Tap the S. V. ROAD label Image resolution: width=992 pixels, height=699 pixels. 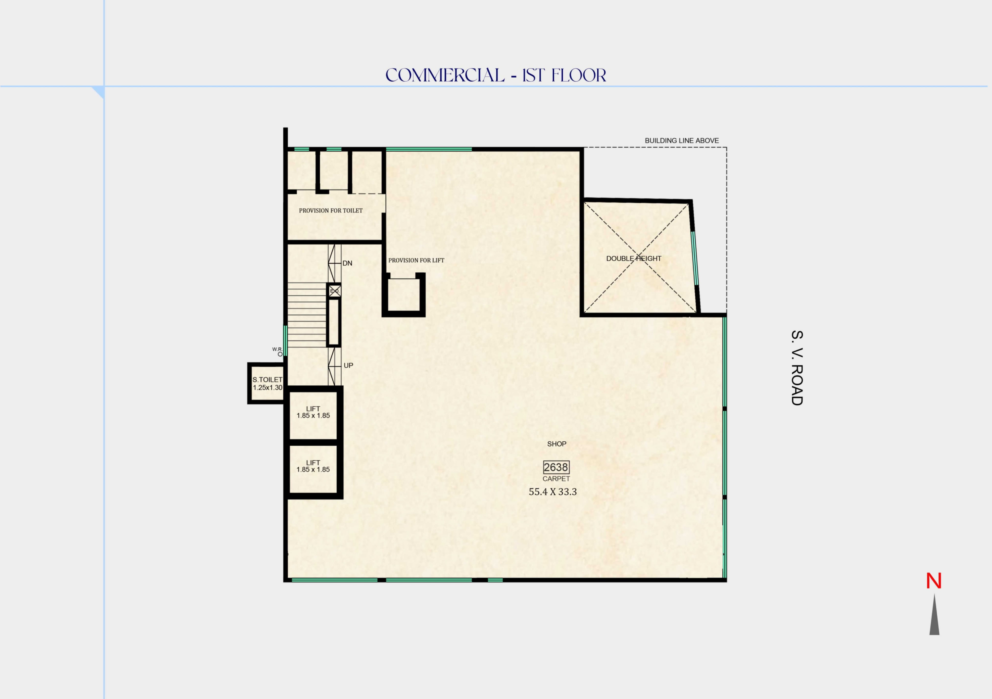click(797, 367)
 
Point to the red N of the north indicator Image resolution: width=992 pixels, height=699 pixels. click(934, 581)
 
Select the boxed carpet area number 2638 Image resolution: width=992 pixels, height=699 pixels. click(556, 467)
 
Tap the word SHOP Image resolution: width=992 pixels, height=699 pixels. click(556, 444)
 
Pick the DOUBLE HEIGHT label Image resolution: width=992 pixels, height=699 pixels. click(633, 259)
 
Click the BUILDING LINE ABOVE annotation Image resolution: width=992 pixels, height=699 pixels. click(681, 141)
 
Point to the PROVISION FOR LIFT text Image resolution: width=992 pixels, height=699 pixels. click(416, 260)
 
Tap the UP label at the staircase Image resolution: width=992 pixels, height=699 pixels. click(348, 365)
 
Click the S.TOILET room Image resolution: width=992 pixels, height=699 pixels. click(267, 383)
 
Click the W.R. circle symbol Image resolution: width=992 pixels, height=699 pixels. click(280, 354)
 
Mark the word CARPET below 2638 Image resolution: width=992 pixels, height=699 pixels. click(556, 479)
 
